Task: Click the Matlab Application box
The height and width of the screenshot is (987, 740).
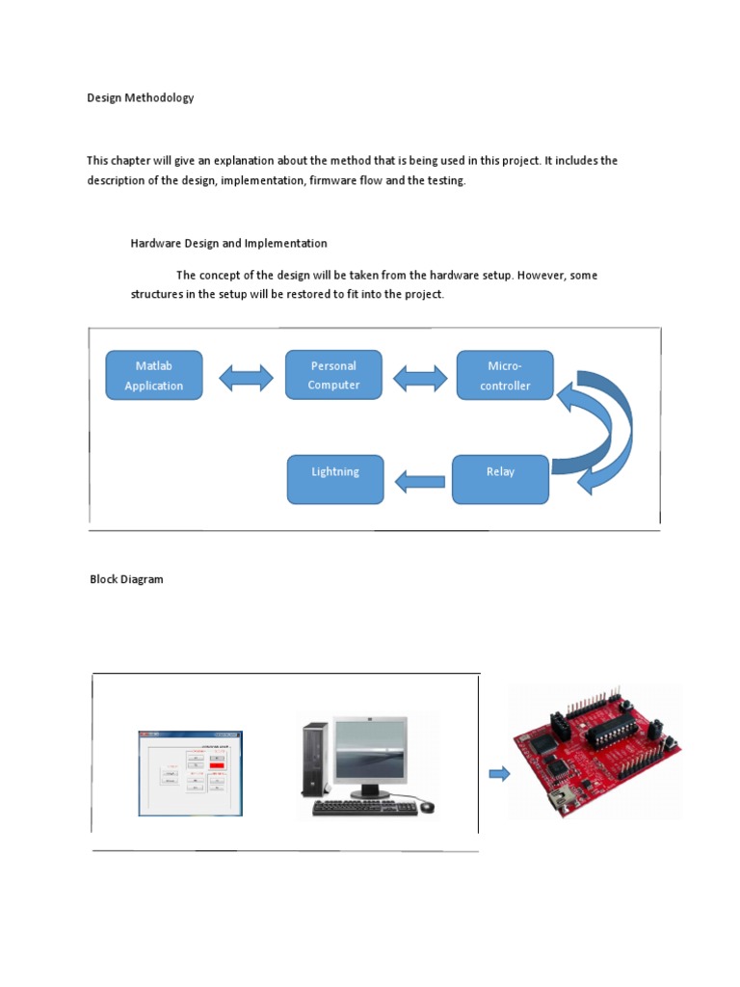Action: click(x=153, y=375)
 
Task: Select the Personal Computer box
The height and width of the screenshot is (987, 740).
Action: click(x=333, y=375)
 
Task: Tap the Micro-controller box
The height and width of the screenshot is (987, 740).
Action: click(x=505, y=375)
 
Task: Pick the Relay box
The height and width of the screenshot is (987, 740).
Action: click(x=500, y=479)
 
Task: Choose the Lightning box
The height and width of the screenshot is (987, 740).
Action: click(x=335, y=479)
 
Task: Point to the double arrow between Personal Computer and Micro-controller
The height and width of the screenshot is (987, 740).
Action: click(x=420, y=378)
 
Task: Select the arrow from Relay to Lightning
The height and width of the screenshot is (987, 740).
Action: click(x=420, y=480)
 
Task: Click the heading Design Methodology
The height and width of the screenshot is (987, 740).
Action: click(x=141, y=97)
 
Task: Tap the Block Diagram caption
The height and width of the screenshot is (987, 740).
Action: click(x=126, y=579)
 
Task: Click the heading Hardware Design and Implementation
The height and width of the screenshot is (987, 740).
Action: click(x=228, y=243)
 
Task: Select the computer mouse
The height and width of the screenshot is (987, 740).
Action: click(x=427, y=806)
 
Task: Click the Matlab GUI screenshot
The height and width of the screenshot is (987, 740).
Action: click(x=191, y=773)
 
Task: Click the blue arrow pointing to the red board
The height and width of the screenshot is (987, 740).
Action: click(x=499, y=772)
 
